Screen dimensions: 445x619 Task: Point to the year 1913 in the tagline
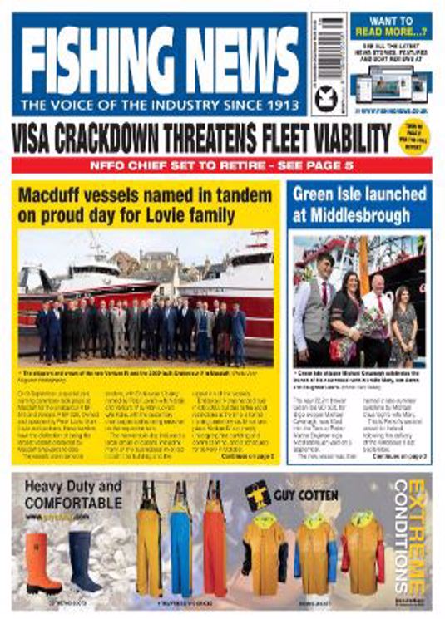point(279,106)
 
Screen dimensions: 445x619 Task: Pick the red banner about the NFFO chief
point(222,165)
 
